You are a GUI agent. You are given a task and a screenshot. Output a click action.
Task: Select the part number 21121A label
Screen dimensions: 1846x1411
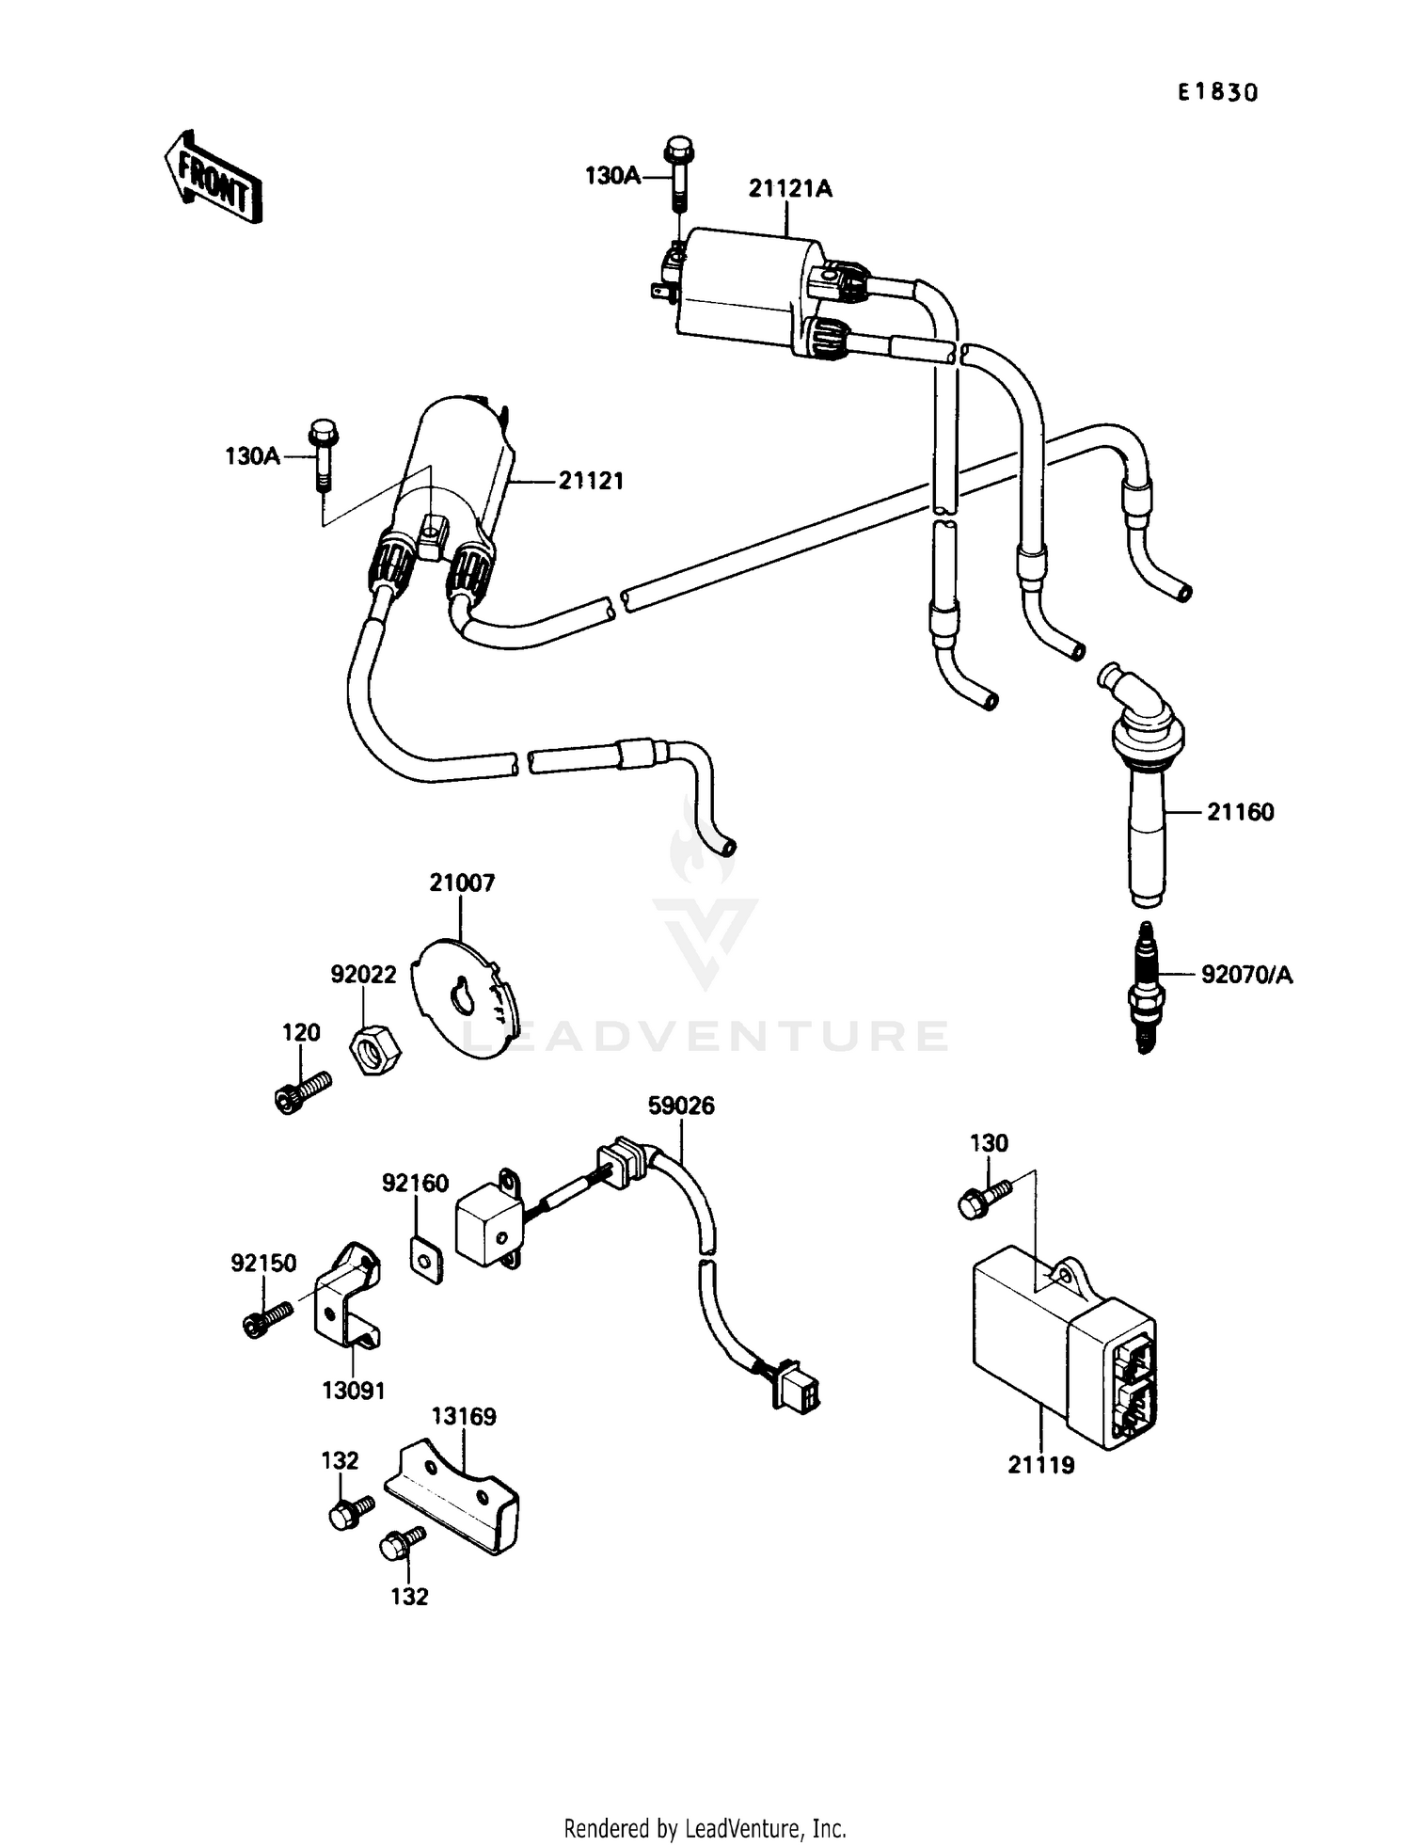[x=790, y=189]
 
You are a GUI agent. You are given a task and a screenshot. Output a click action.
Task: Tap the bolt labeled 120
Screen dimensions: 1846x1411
[x=303, y=1090]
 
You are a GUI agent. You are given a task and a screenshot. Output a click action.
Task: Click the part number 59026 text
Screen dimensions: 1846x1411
[x=681, y=1106]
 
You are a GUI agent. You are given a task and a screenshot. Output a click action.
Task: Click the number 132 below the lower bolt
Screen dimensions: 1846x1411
[x=409, y=1597]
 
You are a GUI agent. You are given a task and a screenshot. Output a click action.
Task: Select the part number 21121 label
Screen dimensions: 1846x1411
[x=591, y=481]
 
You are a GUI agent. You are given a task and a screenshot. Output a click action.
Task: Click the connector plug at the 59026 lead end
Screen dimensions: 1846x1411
[x=795, y=1388]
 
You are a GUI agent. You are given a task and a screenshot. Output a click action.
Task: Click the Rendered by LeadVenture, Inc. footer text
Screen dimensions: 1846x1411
[x=705, y=1828]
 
